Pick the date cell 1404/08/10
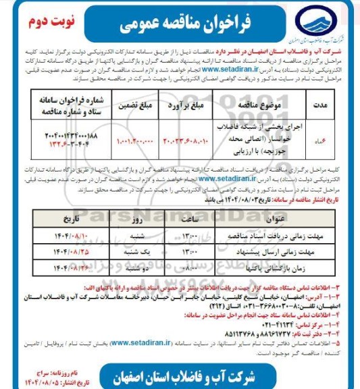pos(72,237)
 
